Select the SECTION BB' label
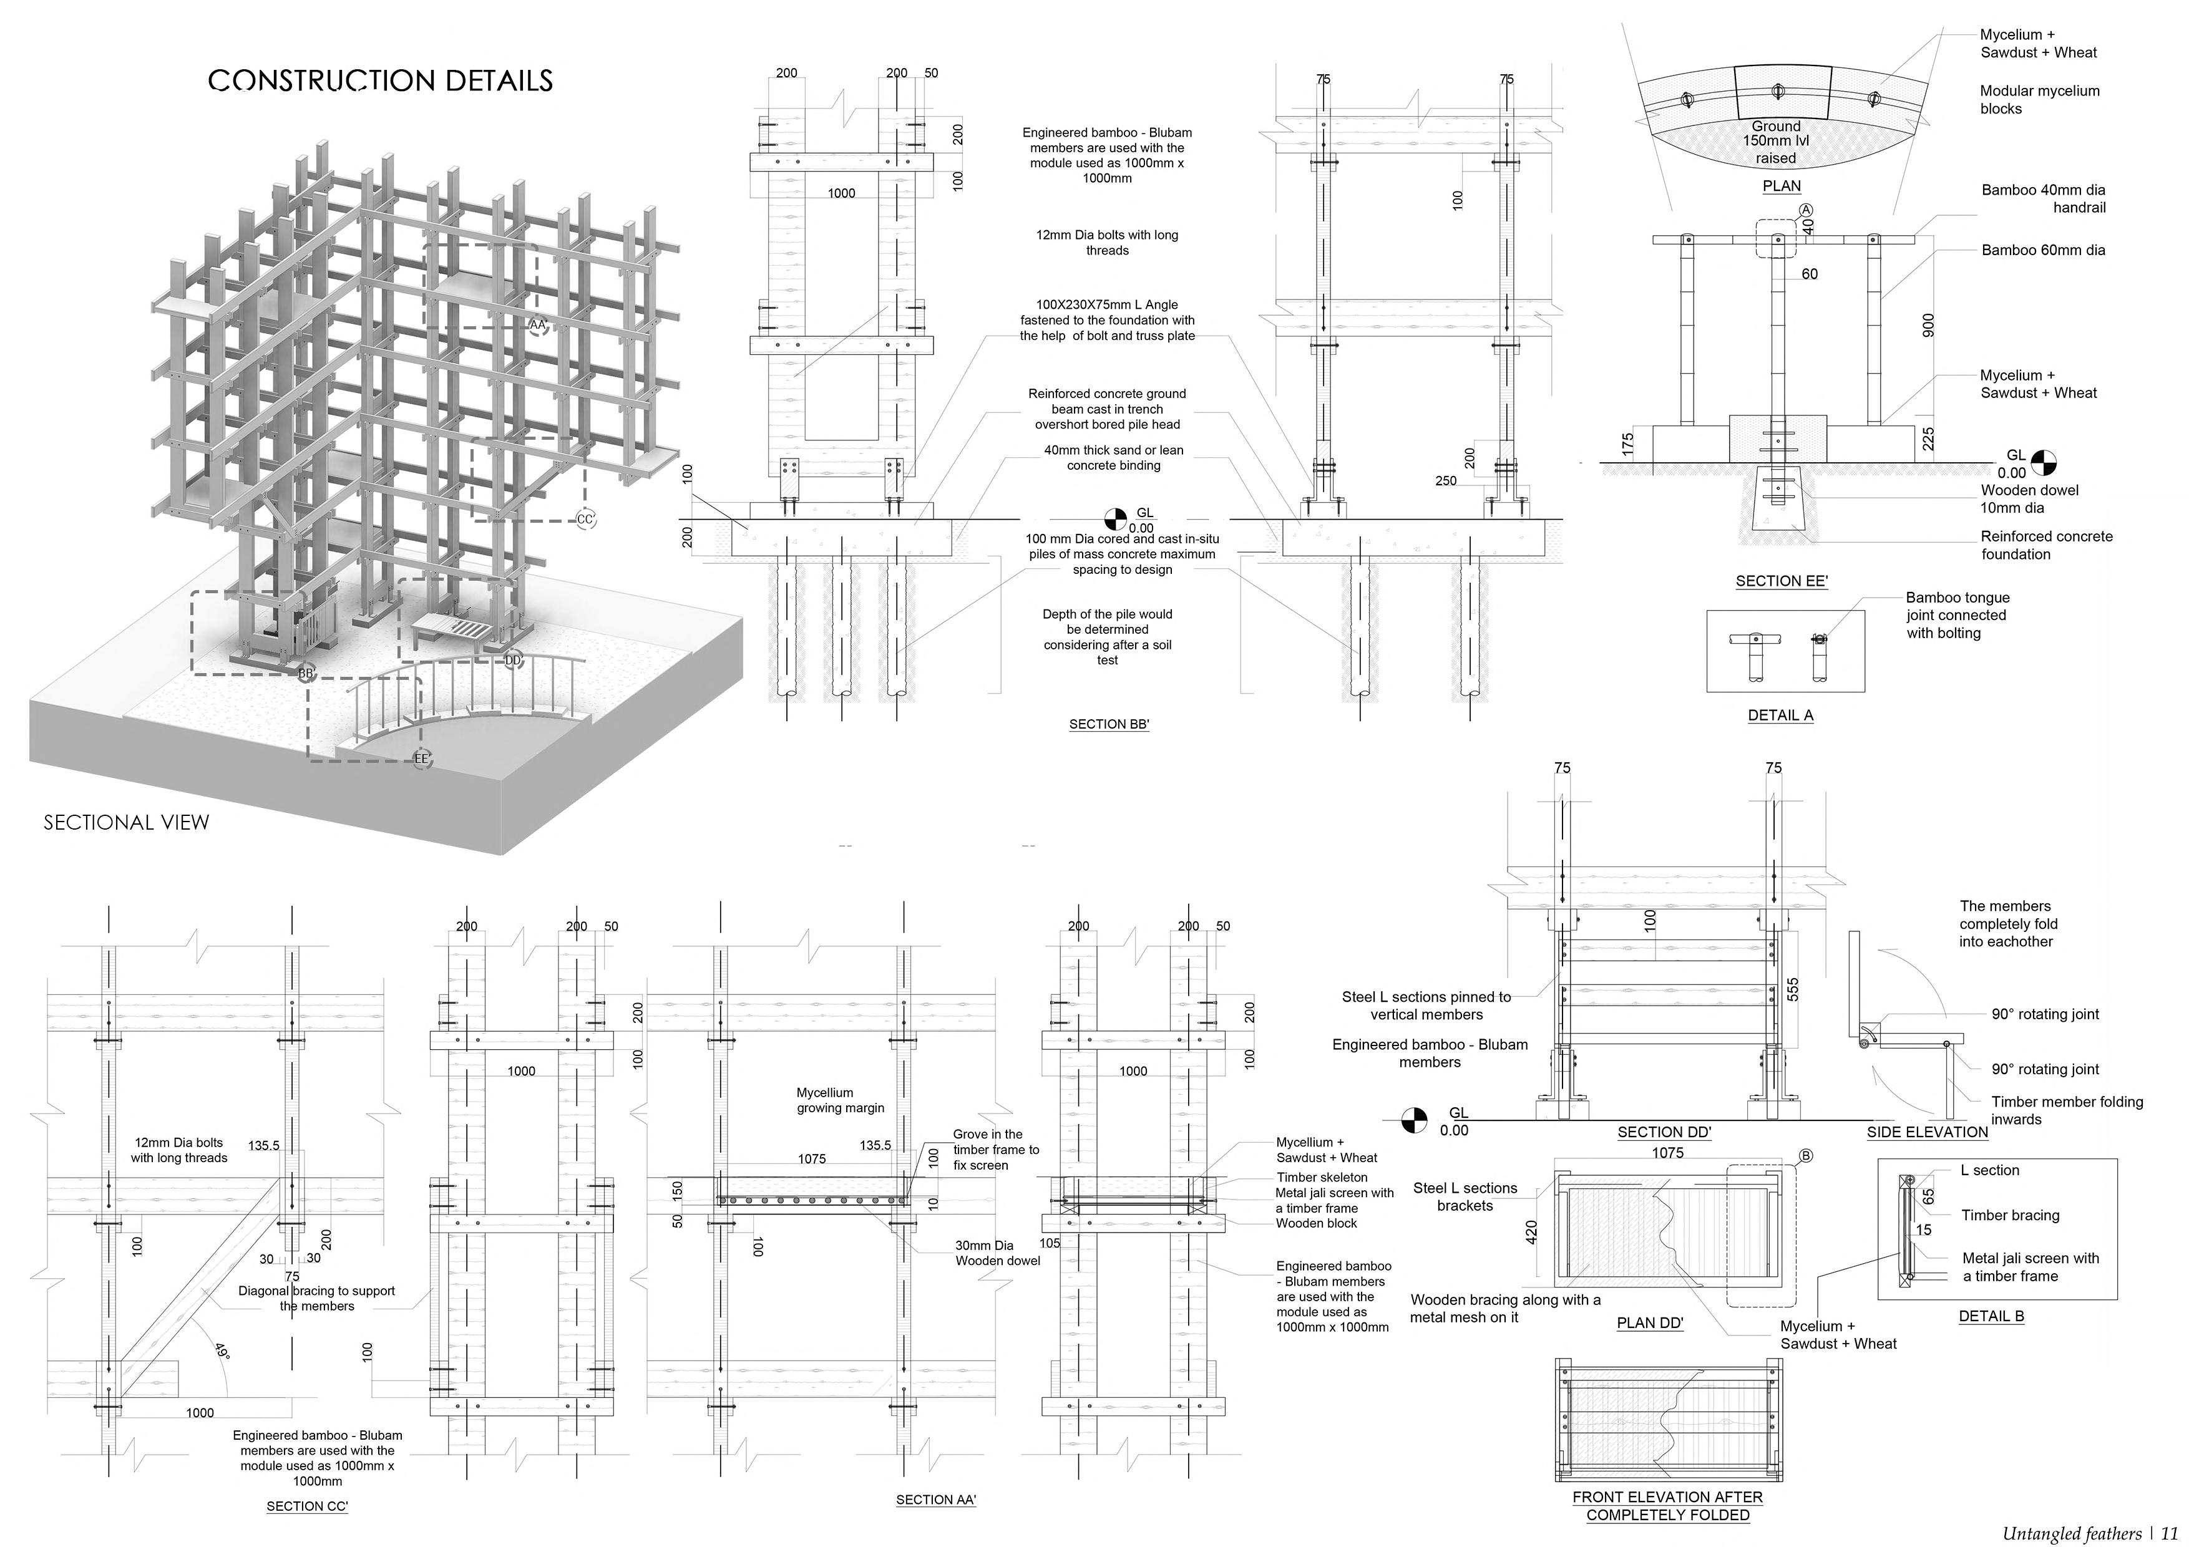1109,724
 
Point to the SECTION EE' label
1781,581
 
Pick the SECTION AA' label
936,1500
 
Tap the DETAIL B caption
1991,1316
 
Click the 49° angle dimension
221,1352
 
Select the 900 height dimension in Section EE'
1928,326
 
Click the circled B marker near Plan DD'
1805,1157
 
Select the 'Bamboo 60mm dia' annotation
2043,251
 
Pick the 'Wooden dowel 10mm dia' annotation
2029,498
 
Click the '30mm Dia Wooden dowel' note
997,1253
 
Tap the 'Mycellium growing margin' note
840,1100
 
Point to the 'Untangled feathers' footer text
2071,1533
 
